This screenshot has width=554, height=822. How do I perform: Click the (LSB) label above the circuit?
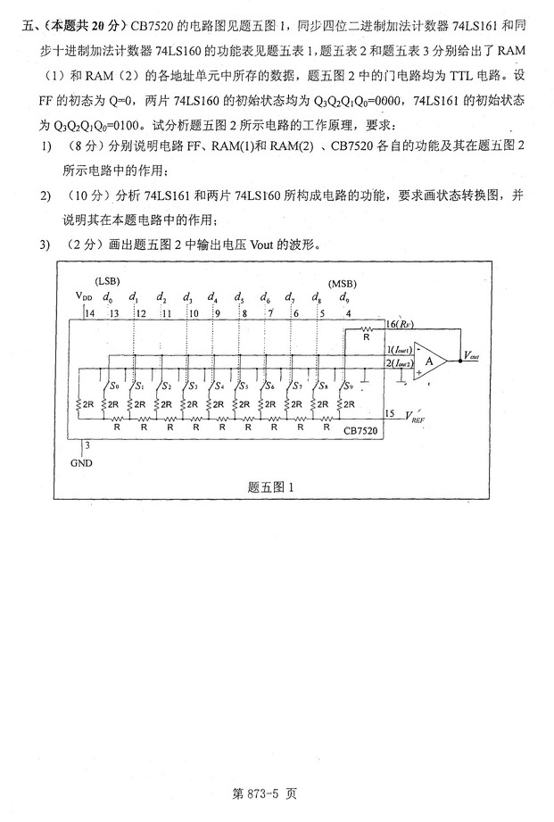(x=107, y=282)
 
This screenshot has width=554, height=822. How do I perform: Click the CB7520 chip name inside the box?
(x=360, y=430)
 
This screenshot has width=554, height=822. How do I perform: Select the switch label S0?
(x=112, y=386)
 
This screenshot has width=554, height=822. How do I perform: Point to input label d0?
(x=108, y=296)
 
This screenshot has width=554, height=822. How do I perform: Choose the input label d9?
(x=345, y=296)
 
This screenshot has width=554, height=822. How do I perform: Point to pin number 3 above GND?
(x=87, y=444)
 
